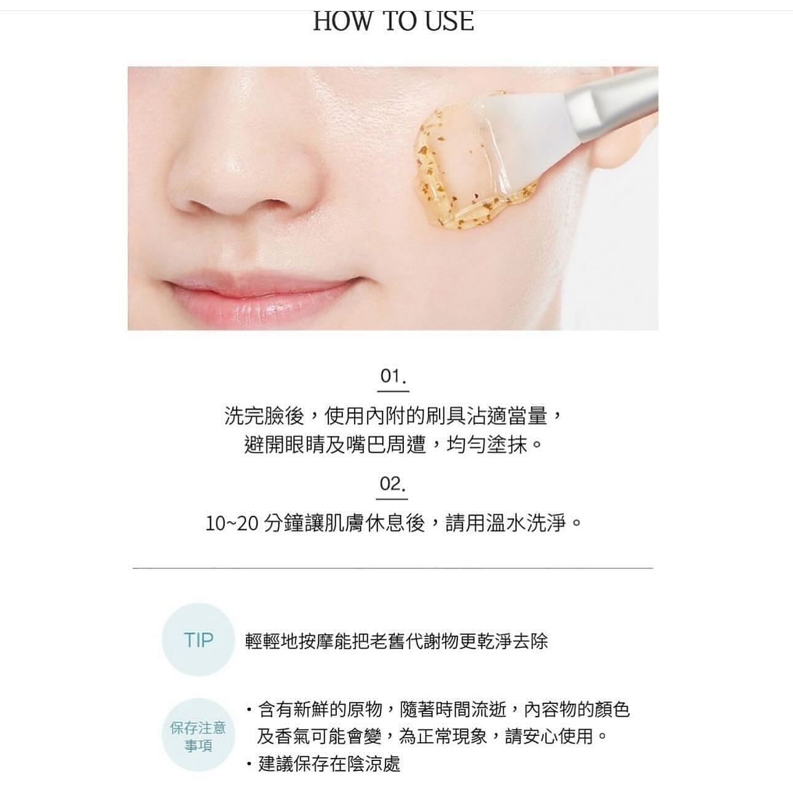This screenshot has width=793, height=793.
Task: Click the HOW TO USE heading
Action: click(x=393, y=21)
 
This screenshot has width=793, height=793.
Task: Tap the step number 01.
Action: click(x=393, y=376)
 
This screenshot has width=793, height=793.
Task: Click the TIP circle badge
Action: click(x=198, y=640)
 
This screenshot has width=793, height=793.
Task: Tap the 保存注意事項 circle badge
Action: click(x=198, y=736)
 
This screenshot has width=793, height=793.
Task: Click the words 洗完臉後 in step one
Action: click(x=264, y=416)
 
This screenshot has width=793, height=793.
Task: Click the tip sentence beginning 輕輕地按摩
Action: click(x=396, y=641)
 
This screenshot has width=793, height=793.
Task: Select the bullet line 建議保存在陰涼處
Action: click(x=329, y=763)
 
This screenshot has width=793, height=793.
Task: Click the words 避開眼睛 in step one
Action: click(x=285, y=444)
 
